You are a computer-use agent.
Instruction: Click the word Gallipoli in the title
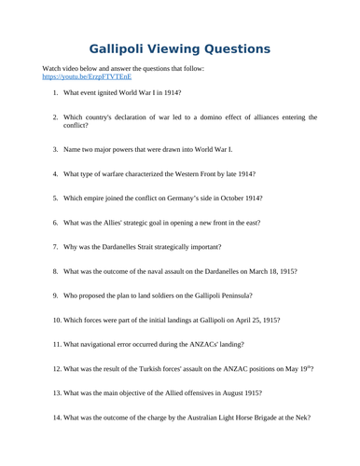click(123, 48)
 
